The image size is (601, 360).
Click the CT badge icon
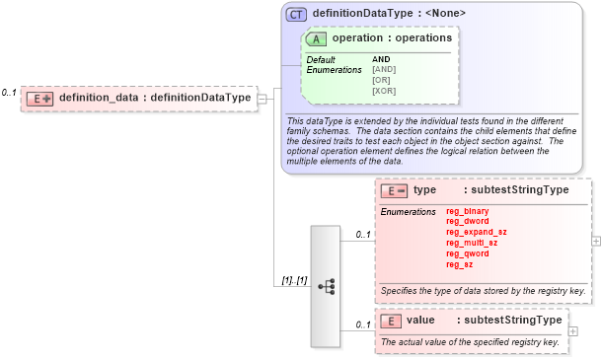point(296,14)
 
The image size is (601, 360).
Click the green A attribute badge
point(317,38)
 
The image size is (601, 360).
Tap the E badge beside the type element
point(394,189)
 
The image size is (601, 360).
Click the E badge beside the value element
point(391,321)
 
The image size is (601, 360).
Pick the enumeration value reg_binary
point(467,211)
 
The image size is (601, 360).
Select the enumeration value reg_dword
point(467,222)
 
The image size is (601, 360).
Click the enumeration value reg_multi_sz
point(472,243)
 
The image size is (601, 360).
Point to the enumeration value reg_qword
point(467,253)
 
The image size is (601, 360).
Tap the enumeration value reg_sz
point(460,264)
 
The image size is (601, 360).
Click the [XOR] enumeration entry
point(385,91)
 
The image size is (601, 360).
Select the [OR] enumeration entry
point(383,80)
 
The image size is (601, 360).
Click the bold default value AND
point(381,59)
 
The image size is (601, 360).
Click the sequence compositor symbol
point(326,286)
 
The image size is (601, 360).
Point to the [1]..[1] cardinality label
point(292,281)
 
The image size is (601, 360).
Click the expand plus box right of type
point(595,240)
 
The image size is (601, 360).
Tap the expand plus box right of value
point(573,331)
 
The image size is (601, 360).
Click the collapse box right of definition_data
point(263,98)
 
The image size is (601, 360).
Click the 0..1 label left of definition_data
point(10,92)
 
